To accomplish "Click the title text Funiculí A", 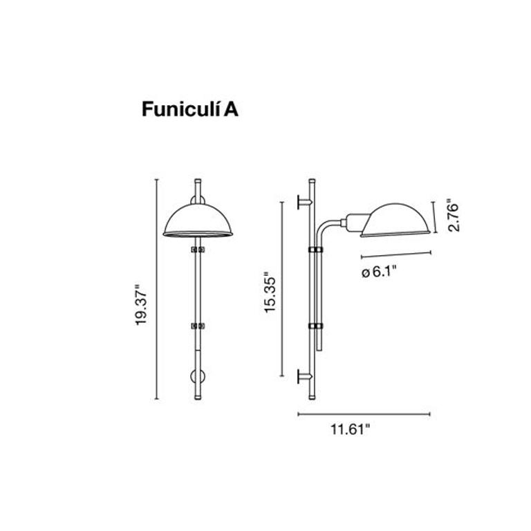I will coord(190,110).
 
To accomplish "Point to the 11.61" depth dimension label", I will coord(350,430).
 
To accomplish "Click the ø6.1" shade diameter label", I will coord(380,272).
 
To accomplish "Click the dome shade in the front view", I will coord(198,222).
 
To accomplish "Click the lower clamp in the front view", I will coord(198,324).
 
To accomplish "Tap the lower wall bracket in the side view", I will coord(305,376).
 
